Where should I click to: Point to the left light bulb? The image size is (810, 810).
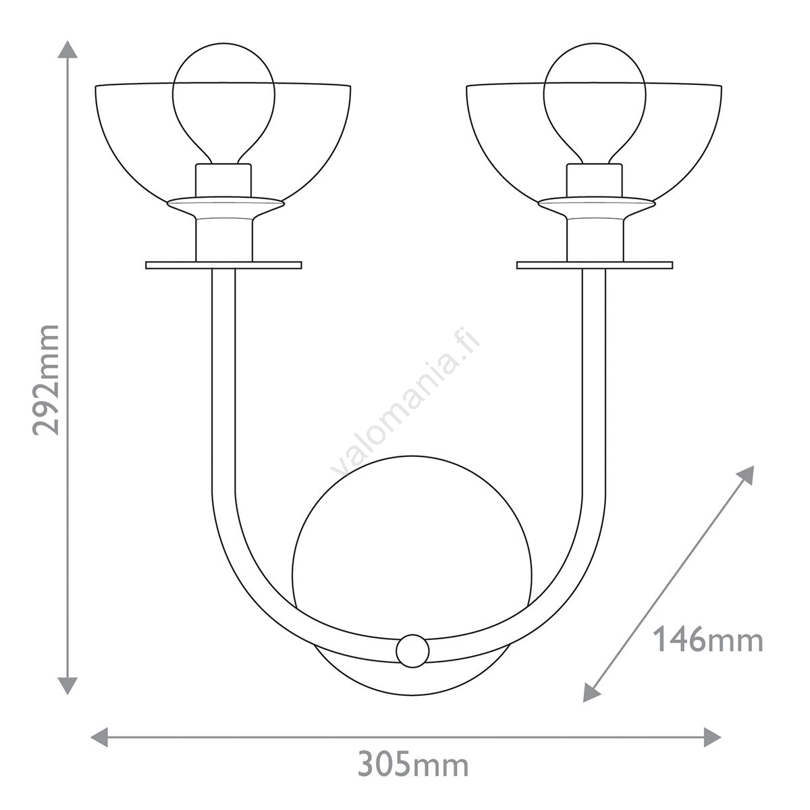[x=223, y=103]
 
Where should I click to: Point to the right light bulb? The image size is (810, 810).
[x=595, y=103]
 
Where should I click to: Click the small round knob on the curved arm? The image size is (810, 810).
[x=413, y=651]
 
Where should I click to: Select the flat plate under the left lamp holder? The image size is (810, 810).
[x=223, y=265]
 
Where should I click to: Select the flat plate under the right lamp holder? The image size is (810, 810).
[x=595, y=265]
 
